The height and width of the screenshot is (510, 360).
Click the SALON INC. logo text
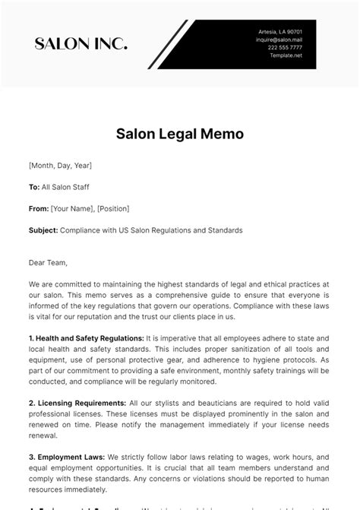(81, 44)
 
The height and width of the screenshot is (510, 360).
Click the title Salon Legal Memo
(179, 134)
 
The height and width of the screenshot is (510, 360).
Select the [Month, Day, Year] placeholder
(60, 164)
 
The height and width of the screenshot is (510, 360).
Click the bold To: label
(33, 186)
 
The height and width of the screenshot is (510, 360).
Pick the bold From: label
(38, 208)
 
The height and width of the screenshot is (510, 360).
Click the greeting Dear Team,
(49, 263)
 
